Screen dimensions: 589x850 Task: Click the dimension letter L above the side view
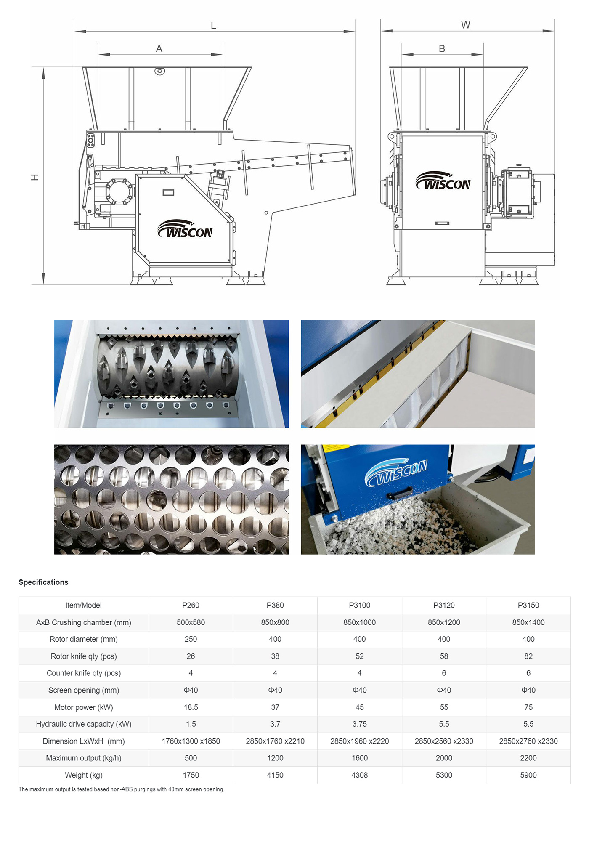[213, 26]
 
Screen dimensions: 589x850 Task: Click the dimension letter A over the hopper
[159, 49]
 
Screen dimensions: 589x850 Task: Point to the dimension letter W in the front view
[465, 25]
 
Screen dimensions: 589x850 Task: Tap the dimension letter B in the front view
[442, 49]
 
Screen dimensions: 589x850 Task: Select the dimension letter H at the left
[35, 177]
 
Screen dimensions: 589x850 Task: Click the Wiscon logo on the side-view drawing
[185, 228]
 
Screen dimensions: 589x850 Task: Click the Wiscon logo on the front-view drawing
[443, 181]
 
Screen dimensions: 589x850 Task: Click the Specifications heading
[43, 582]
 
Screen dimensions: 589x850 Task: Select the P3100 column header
[360, 605]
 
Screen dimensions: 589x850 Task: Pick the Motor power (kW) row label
[84, 707]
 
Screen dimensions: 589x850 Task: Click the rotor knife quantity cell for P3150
[528, 656]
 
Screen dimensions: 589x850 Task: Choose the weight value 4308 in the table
[360, 775]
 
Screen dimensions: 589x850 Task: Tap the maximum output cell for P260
[191, 758]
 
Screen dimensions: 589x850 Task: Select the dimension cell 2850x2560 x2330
[444, 741]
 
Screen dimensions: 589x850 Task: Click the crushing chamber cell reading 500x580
[191, 622]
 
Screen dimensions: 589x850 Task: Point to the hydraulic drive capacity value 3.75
[360, 724]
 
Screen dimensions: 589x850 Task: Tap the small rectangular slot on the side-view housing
[168, 193]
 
